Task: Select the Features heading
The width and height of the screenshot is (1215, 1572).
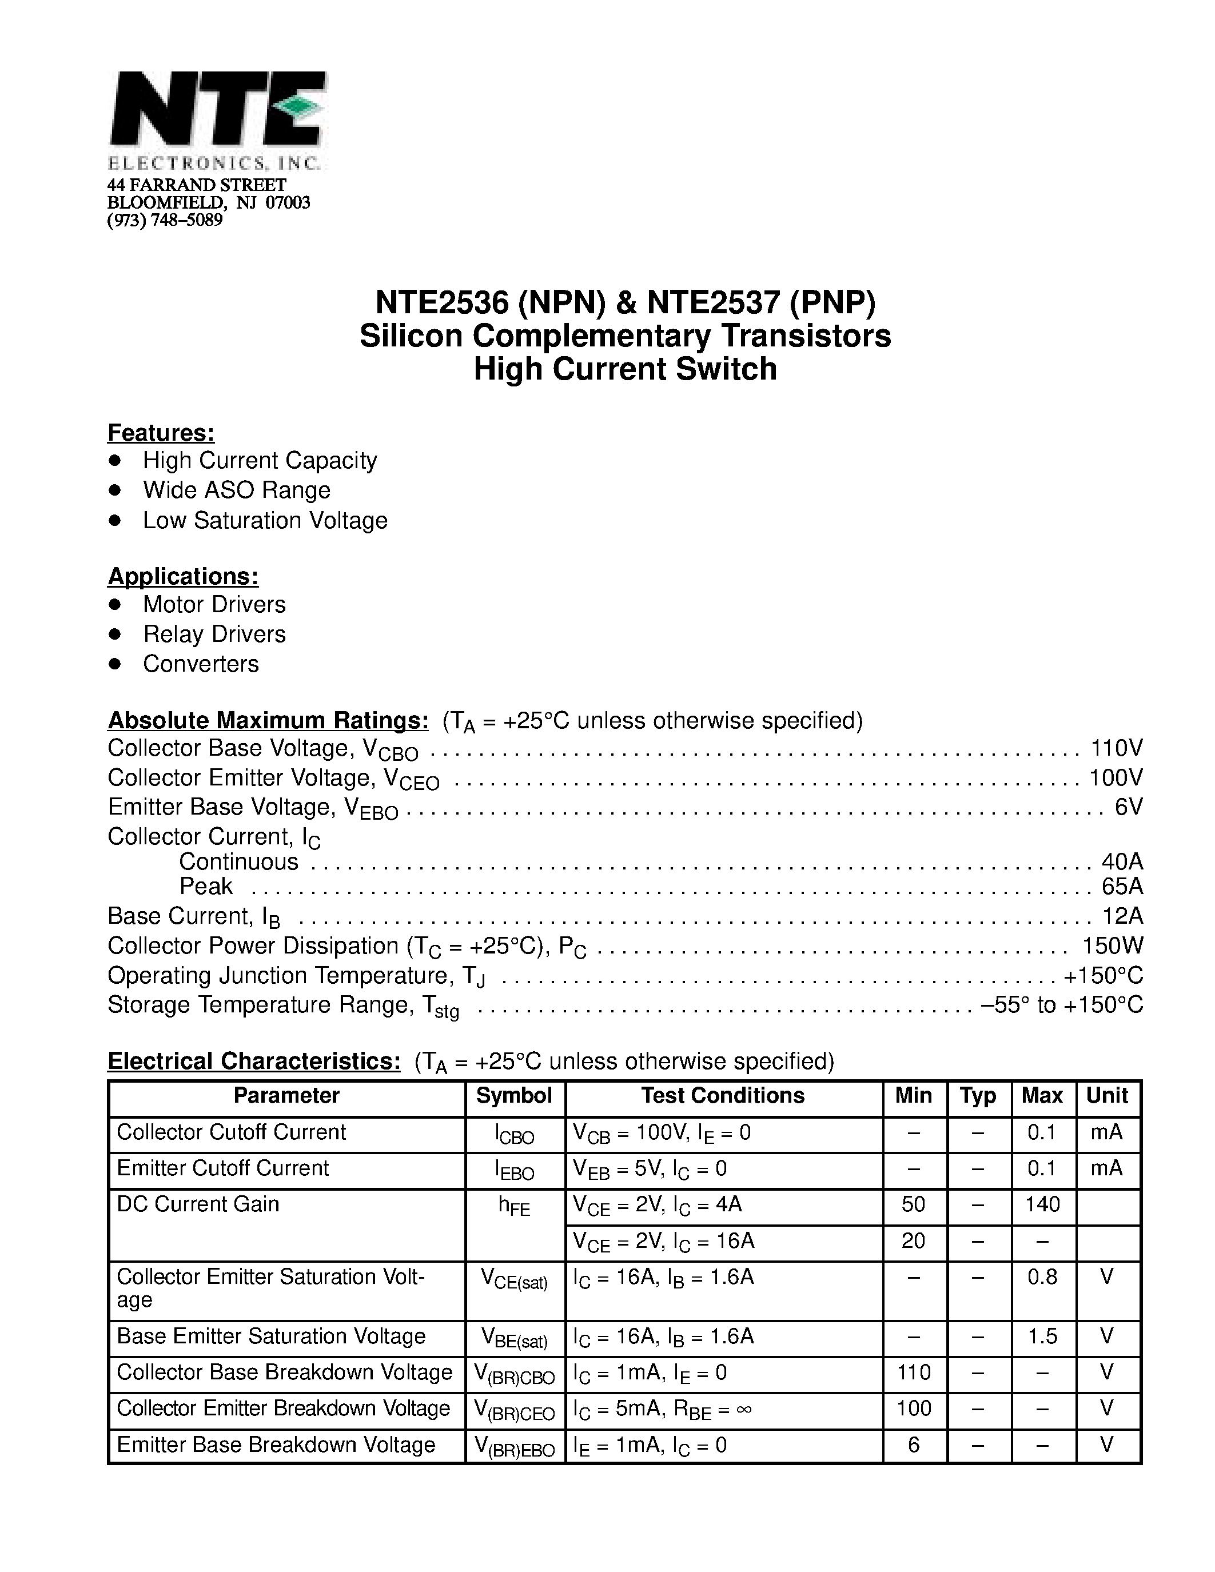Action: tap(161, 433)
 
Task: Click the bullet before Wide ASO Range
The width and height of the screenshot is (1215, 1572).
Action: tap(114, 490)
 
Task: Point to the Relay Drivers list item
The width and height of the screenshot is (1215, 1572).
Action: tap(214, 634)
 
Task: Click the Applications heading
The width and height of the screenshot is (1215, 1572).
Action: tap(183, 577)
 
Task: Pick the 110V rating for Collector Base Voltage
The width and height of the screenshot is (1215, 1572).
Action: tap(1117, 749)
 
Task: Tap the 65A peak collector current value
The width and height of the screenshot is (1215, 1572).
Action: tap(1122, 885)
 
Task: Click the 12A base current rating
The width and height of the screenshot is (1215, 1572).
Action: tap(1122, 916)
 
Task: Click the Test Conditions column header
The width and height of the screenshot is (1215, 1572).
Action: tap(723, 1095)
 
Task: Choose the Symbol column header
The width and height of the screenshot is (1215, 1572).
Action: tap(514, 1095)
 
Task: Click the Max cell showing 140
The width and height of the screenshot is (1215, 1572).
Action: tap(1042, 1204)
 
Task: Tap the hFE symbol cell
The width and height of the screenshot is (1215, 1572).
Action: tap(514, 1206)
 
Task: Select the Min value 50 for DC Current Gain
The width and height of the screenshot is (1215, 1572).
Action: tap(914, 1204)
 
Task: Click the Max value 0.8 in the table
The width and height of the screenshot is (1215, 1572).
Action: tap(1042, 1277)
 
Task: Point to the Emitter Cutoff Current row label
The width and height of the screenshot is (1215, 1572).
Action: tap(222, 1168)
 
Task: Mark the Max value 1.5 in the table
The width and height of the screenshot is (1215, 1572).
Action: tap(1042, 1336)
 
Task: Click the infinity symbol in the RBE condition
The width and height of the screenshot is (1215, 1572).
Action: tap(744, 1409)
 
